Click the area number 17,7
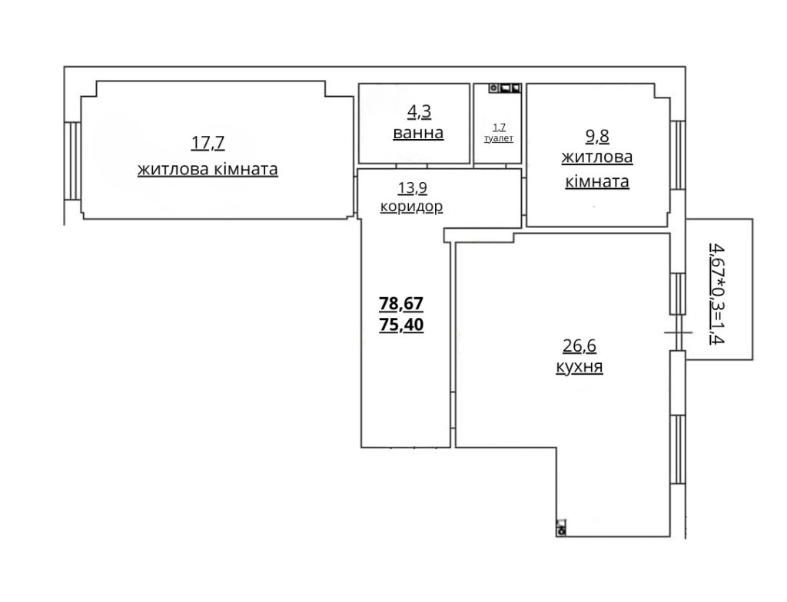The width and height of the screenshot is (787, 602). tap(208, 144)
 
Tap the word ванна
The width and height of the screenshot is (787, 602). tap(418, 133)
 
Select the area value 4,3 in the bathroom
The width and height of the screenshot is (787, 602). tap(419, 112)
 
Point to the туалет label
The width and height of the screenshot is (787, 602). tap(498, 138)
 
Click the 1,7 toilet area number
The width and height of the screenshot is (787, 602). tap(499, 127)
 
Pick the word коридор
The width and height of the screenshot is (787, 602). tap(412, 207)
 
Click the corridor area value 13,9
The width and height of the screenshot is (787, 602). tap(413, 188)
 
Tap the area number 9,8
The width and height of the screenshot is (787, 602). tap(597, 136)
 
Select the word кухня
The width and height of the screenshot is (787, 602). tap(579, 367)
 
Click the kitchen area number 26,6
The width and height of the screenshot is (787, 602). tap(579, 346)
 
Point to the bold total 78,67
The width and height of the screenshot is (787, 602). tap(401, 303)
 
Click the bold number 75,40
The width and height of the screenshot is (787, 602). tap(401, 325)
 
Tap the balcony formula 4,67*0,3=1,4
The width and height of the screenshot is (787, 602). tap(717, 293)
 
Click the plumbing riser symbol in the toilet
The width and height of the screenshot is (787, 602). tap(505, 88)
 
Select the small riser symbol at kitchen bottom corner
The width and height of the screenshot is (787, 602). tap(561, 528)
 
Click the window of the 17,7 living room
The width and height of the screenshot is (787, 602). tap(73, 160)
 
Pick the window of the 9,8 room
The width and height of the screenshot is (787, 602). tap(678, 154)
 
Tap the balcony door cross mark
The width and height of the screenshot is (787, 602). tap(678, 332)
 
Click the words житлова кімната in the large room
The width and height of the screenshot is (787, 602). tap(208, 170)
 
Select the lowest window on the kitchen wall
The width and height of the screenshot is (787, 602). tap(678, 449)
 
